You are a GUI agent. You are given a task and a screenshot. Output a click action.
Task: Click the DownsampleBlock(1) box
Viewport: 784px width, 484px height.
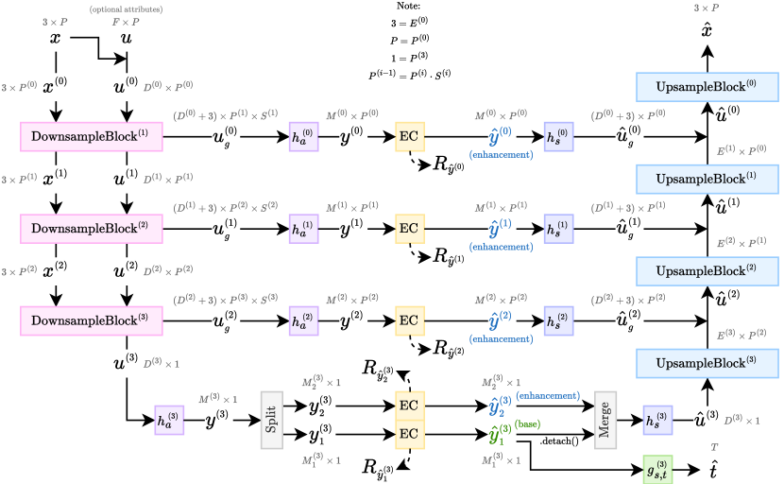point(92,136)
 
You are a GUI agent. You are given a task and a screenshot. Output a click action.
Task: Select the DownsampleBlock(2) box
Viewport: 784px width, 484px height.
point(92,228)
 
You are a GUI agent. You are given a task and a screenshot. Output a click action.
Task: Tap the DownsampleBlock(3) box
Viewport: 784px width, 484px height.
point(92,320)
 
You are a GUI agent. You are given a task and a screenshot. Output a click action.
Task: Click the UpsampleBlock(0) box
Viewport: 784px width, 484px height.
point(707,86)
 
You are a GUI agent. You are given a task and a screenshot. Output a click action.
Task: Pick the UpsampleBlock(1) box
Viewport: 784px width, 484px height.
point(707,179)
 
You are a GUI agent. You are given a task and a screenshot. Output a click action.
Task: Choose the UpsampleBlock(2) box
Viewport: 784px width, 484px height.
point(707,271)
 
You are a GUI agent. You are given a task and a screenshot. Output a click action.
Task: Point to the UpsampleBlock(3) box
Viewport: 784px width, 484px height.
point(707,363)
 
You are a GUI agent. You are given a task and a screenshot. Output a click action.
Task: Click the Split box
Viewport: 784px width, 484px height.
point(272,419)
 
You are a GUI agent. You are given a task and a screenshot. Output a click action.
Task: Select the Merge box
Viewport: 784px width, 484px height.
point(605,419)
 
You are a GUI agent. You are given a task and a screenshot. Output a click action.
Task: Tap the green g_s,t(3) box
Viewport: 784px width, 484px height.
point(657,469)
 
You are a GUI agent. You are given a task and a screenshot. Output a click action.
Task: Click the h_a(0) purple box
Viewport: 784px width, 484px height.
point(302,136)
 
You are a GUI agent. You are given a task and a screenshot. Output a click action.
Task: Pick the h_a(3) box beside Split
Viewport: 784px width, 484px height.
point(169,420)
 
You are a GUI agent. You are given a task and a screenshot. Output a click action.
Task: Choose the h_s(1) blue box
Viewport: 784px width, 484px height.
point(558,229)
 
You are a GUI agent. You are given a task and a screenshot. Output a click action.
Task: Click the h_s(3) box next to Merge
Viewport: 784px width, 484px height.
point(657,420)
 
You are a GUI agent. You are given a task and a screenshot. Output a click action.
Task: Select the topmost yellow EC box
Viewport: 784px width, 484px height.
point(408,136)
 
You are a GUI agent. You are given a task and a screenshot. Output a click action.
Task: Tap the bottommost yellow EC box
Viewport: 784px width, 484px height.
point(408,434)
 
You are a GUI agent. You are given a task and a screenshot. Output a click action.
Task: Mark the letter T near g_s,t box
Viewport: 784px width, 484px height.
point(714,446)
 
